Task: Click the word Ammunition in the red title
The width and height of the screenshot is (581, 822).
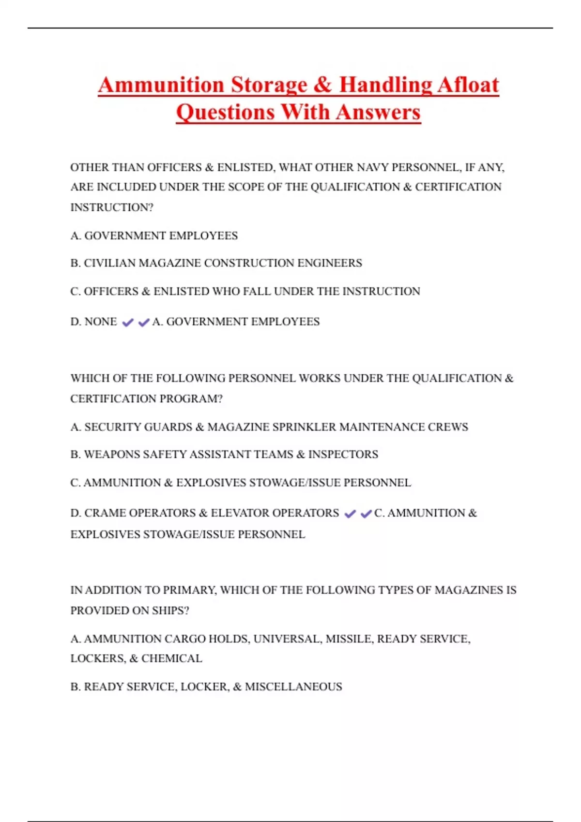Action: tap(161, 85)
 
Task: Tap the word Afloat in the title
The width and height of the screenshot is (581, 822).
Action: tap(468, 85)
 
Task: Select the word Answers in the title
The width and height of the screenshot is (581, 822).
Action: tap(378, 112)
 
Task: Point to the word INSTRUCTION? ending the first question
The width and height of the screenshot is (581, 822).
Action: tap(112, 207)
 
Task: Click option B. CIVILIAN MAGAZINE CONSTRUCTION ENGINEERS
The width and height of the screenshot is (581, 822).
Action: tap(216, 263)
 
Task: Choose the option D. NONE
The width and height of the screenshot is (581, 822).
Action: tap(93, 322)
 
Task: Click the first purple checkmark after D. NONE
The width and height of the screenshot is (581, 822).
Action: tap(127, 323)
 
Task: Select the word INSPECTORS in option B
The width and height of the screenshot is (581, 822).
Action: tap(343, 455)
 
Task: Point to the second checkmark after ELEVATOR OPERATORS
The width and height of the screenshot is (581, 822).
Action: tap(366, 514)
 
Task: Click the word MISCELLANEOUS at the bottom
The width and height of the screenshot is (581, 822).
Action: tap(293, 687)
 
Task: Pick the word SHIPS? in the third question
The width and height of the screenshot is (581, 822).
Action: tap(170, 611)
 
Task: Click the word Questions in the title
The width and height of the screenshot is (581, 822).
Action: tap(226, 112)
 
